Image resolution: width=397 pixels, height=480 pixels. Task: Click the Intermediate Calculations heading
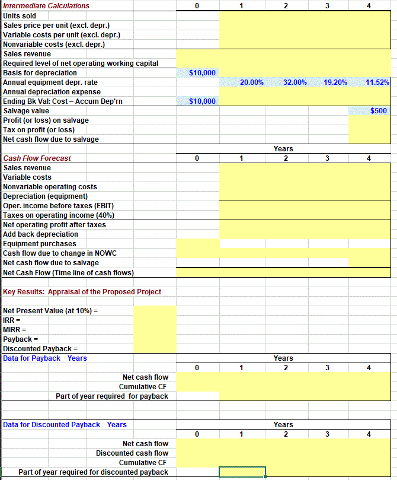47,6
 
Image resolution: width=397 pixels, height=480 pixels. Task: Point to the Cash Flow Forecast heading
37,158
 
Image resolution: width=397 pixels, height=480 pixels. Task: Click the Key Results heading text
82,292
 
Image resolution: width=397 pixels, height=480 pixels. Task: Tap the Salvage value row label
27,111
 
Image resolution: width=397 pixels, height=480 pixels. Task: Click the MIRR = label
14,330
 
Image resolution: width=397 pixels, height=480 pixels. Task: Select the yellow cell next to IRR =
155,320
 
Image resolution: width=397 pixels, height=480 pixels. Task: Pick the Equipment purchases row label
40,244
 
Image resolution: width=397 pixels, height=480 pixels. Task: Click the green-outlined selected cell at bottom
242,472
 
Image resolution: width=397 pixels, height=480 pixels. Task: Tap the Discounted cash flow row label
132,453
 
